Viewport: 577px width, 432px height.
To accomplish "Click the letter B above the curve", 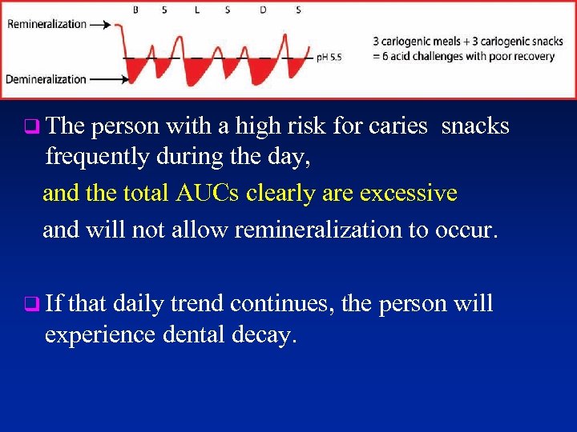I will [x=135, y=10].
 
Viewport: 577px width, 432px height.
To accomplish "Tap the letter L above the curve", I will [x=198, y=10].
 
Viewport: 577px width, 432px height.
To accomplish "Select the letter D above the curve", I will [x=264, y=10].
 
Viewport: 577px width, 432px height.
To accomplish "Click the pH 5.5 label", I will [x=329, y=58].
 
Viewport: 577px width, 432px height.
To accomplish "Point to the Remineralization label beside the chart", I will [x=46, y=24].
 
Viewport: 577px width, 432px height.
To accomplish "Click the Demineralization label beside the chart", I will [x=46, y=79].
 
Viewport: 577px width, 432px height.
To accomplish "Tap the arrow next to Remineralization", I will [x=103, y=25].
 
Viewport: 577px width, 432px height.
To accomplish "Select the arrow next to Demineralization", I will [x=107, y=79].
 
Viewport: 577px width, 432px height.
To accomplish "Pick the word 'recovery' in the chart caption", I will [x=535, y=55].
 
